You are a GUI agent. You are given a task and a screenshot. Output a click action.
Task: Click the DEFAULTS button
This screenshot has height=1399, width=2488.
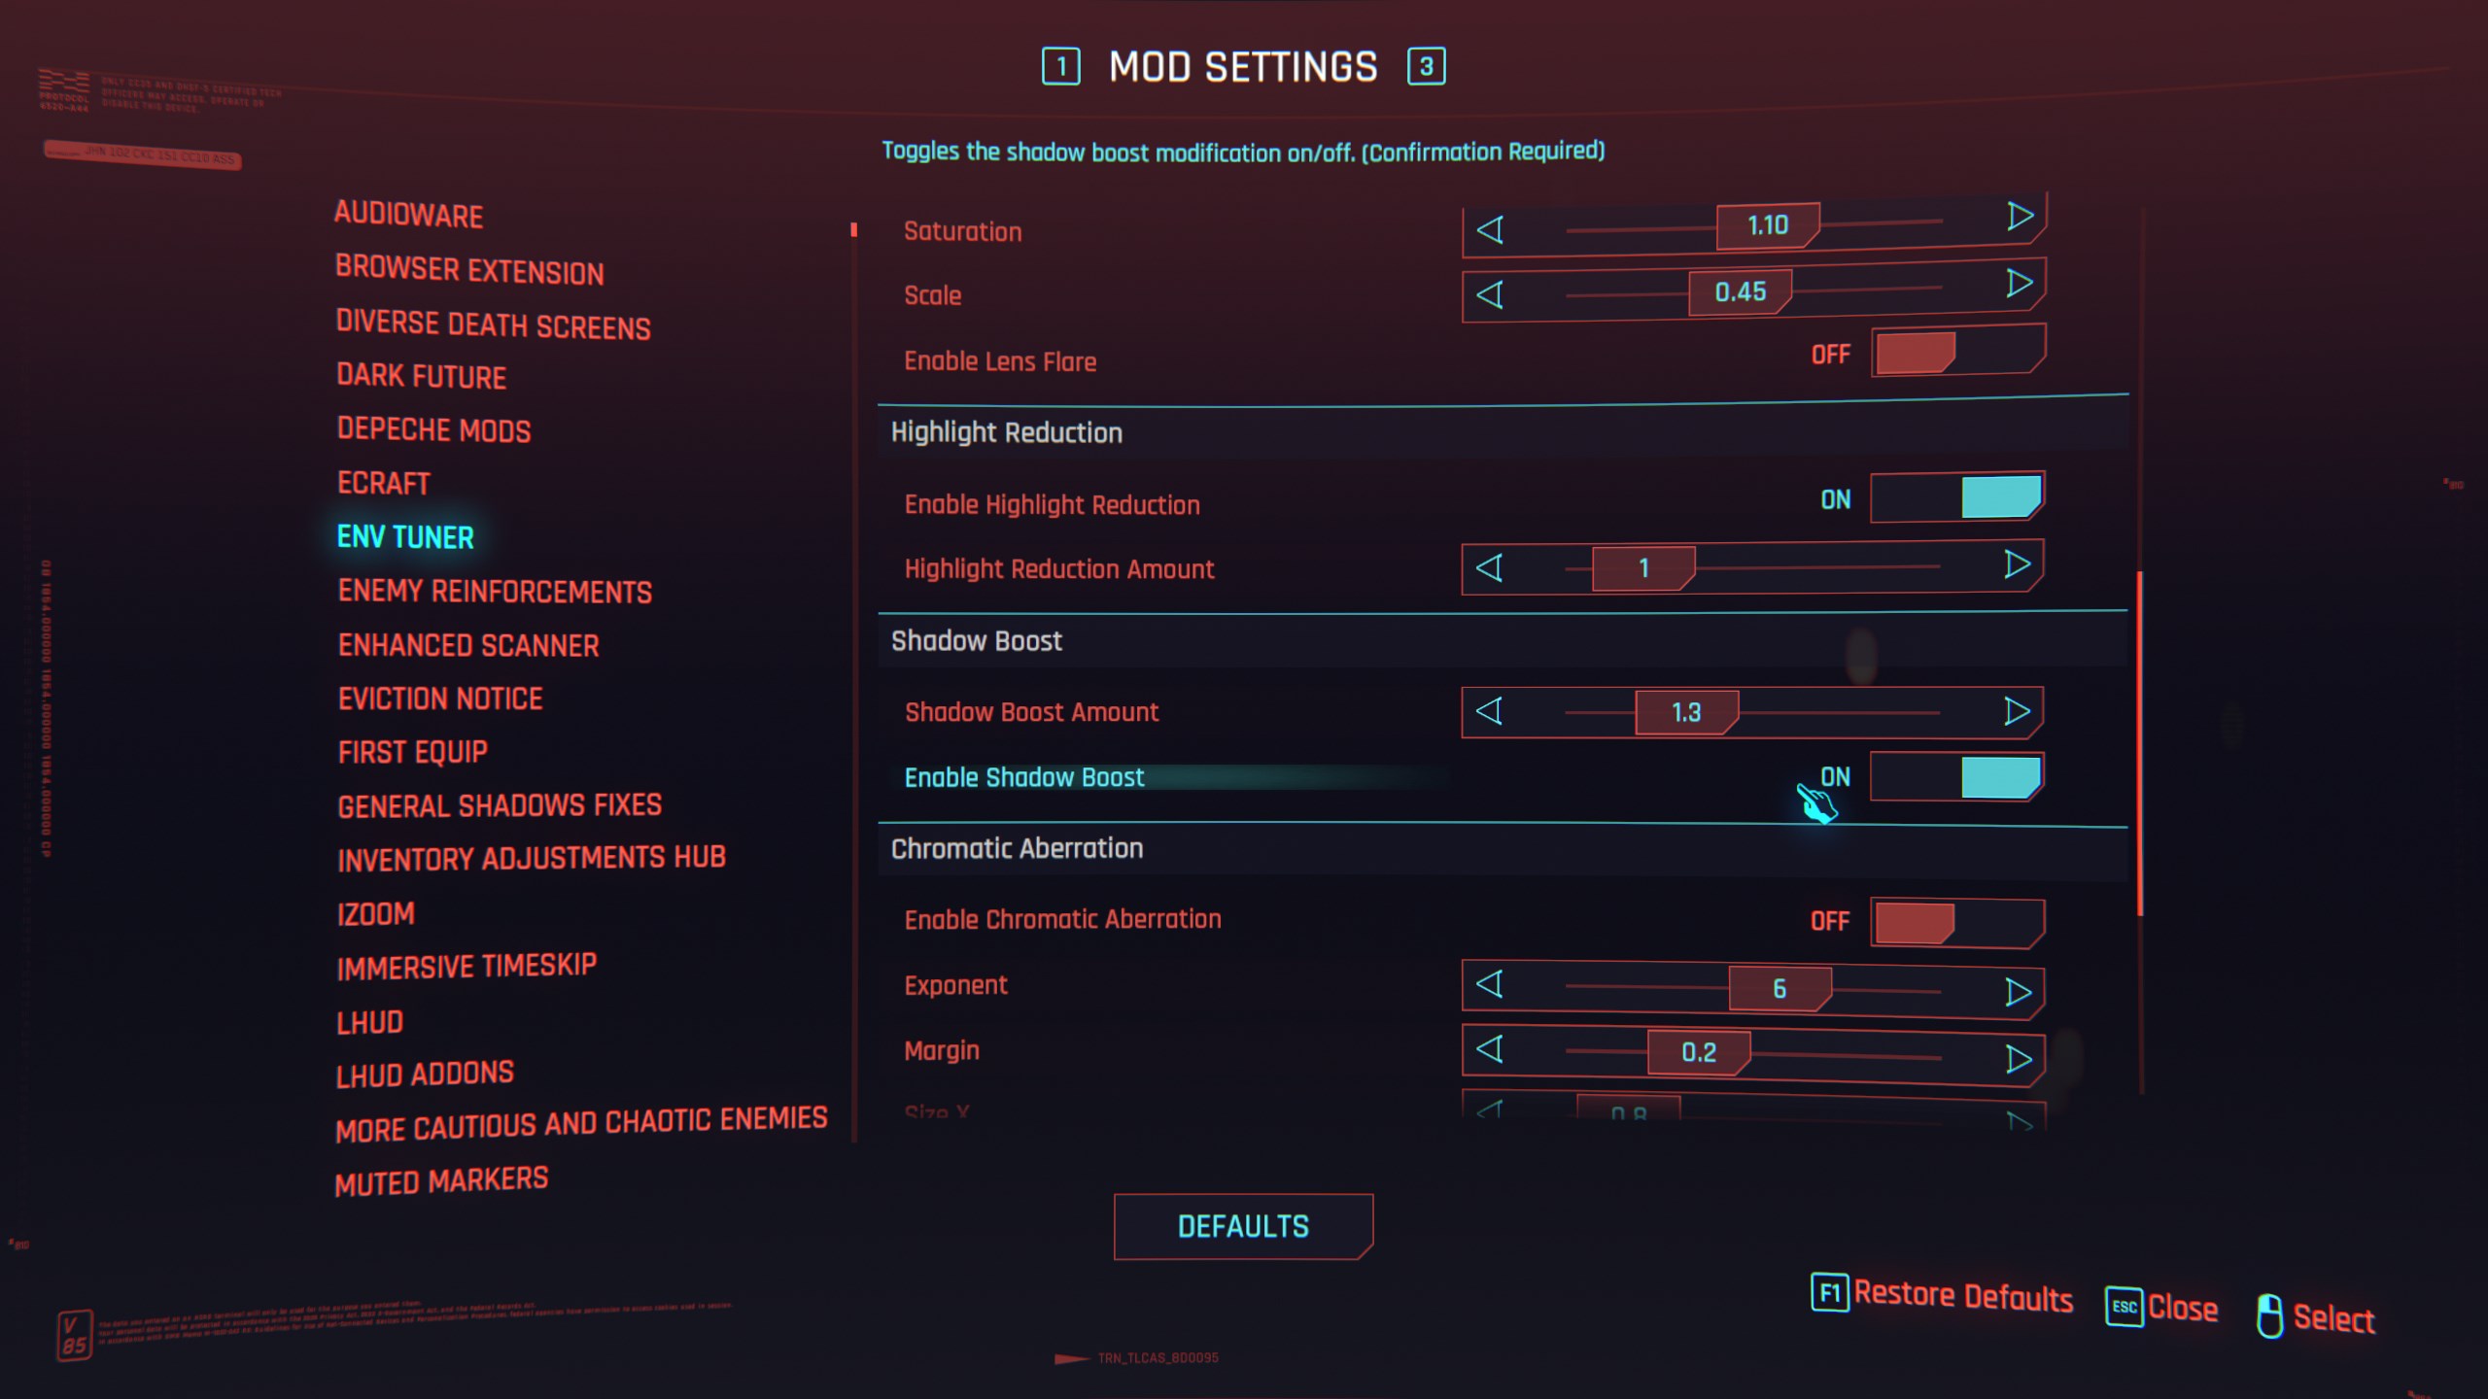[x=1243, y=1226]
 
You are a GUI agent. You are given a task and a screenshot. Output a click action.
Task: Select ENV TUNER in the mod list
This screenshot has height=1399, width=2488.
[x=405, y=537]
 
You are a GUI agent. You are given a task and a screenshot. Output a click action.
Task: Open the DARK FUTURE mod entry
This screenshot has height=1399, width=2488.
[x=421, y=376]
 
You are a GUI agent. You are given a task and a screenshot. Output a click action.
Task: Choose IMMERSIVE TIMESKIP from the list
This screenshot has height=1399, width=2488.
[x=466, y=967]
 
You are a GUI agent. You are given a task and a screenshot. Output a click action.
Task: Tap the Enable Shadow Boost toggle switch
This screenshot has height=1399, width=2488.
[x=1956, y=777]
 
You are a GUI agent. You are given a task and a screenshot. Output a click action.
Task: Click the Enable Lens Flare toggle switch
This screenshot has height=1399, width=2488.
[x=1956, y=353]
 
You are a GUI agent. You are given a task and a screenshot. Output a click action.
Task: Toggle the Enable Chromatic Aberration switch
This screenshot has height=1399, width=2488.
[x=1956, y=921]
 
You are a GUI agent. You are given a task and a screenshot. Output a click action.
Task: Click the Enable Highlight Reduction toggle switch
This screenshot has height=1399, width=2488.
[x=1956, y=497]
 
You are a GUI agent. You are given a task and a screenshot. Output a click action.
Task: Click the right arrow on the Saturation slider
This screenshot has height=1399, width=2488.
[x=2020, y=217]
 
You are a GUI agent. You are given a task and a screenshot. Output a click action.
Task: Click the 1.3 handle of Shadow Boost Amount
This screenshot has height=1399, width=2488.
[x=1686, y=712]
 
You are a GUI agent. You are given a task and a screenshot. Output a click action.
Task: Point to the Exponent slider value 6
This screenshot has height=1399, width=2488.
[x=1779, y=989]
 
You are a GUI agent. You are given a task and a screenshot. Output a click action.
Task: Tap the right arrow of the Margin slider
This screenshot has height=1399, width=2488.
[x=2018, y=1058]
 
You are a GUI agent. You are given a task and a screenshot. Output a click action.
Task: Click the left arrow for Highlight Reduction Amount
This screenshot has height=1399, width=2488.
[x=1490, y=567]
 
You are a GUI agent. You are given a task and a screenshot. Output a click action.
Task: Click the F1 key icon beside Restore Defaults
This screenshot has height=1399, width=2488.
[x=1829, y=1293]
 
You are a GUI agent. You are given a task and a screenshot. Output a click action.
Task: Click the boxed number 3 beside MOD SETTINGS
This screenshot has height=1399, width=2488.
[x=1426, y=67]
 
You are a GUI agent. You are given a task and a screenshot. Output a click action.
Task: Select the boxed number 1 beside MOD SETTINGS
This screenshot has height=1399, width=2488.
[x=1060, y=67]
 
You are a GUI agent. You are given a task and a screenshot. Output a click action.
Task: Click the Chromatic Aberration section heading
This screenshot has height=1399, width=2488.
[x=1017, y=849]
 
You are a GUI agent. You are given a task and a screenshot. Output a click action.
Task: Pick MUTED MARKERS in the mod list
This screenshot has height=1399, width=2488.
[x=441, y=1181]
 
